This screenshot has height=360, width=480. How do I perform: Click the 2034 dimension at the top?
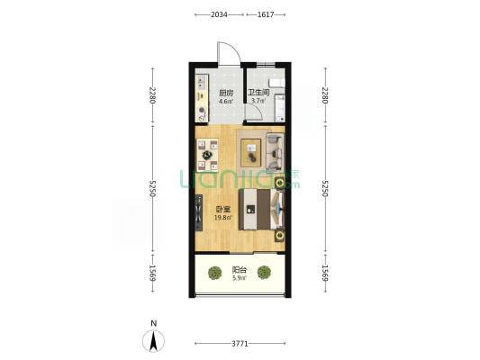219,14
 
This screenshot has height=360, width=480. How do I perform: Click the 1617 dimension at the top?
266,14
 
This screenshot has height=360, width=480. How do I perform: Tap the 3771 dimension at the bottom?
240,344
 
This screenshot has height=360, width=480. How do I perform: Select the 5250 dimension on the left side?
152,188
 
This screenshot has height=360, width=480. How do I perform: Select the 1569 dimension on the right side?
325,273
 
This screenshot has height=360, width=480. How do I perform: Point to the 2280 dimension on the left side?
152,95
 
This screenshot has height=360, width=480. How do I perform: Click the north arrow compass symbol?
153,340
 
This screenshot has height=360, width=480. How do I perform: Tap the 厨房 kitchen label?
226,93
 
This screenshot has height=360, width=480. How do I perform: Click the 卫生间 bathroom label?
258,93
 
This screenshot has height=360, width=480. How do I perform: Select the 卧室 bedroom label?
223,210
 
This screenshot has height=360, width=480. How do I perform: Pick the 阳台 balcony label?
240,270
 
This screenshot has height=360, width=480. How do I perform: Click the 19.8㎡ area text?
222,218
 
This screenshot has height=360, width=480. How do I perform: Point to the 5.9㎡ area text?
240,278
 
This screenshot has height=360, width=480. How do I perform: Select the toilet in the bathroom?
276,83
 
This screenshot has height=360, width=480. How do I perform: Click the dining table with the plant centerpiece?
207,155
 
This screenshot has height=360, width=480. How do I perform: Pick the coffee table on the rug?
251,153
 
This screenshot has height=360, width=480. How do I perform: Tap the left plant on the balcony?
215,273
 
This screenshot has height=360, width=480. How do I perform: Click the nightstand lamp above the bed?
279,183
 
